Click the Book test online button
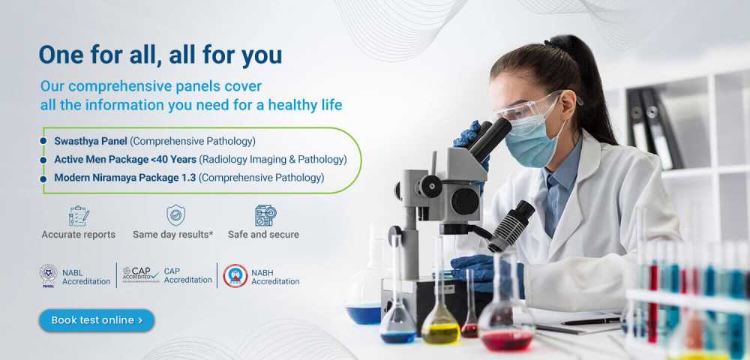coord(97,320)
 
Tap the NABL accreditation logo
coord(48,276)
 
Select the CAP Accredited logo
coord(141,274)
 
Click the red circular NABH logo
coord(235,276)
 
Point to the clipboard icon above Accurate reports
coord(79,215)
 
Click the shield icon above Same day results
coord(175,215)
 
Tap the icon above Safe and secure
coord(265,215)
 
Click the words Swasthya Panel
coord(91,141)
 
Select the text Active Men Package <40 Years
coord(125,159)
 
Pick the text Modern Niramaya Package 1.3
coord(124,177)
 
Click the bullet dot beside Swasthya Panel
coord(43,141)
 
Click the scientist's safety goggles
coord(531,106)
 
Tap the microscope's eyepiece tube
coord(488,139)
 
